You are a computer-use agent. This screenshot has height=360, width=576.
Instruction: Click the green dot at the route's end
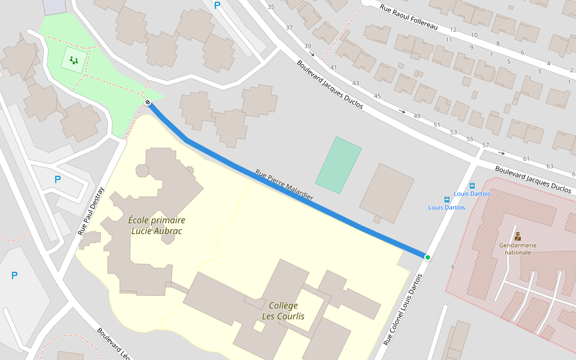click(x=428, y=257)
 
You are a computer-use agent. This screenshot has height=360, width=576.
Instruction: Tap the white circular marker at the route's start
click(x=148, y=102)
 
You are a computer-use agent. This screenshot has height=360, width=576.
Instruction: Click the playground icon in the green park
click(x=74, y=60)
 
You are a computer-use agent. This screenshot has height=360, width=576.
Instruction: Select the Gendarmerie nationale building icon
click(x=517, y=236)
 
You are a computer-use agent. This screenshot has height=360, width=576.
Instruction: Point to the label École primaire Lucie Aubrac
click(x=157, y=226)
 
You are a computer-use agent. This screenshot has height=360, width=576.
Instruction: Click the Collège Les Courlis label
click(x=283, y=311)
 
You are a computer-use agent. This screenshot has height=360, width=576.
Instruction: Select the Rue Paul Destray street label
click(x=91, y=211)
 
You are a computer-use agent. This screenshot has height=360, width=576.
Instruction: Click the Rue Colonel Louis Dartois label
click(x=403, y=309)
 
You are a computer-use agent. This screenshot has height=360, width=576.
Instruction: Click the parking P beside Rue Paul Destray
click(x=58, y=179)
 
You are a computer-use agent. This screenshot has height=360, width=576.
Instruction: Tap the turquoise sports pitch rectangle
click(x=338, y=165)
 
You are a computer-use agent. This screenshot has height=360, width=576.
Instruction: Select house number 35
click(x=271, y=7)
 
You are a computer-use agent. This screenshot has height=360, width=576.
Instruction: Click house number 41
click(x=334, y=67)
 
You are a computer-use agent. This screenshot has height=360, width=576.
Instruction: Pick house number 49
click(x=416, y=116)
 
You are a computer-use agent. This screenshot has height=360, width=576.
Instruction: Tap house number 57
click(x=485, y=145)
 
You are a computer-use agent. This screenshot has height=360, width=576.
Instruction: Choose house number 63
click(x=550, y=166)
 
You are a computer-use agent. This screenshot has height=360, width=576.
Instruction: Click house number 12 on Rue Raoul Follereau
click(x=452, y=29)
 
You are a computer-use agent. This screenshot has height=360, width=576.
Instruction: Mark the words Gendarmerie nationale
click(x=517, y=248)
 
